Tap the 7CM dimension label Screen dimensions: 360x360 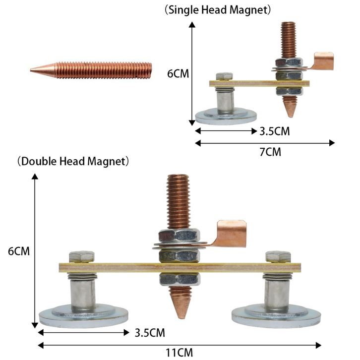pyautogui.click(x=270, y=152)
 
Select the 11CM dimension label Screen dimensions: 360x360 pyautogui.click(x=180, y=353)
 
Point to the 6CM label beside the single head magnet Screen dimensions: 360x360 pyautogui.click(x=178, y=74)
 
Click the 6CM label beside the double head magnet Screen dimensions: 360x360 pyautogui.click(x=19, y=251)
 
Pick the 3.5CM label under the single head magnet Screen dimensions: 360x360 pyautogui.click(x=275, y=131)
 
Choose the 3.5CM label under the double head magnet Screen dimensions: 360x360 pyautogui.click(x=150, y=333)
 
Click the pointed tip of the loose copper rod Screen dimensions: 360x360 pyautogui.click(x=31, y=70)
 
